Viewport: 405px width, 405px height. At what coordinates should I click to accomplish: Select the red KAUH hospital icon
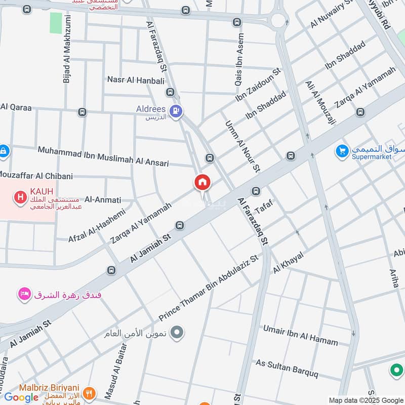pyautogui.click(x=20, y=197)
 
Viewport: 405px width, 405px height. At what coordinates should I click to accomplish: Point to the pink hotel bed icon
pyautogui.click(x=23, y=294)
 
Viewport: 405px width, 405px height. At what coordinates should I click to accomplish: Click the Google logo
pyautogui.click(x=21, y=397)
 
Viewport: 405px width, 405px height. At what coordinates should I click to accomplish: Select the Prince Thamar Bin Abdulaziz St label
pyautogui.click(x=209, y=288)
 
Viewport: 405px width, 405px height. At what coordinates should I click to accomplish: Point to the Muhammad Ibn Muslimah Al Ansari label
pyautogui.click(x=110, y=155)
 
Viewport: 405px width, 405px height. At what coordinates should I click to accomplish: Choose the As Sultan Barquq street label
pyautogui.click(x=287, y=369)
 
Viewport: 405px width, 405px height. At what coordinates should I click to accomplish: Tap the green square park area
pyautogui.click(x=56, y=23)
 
